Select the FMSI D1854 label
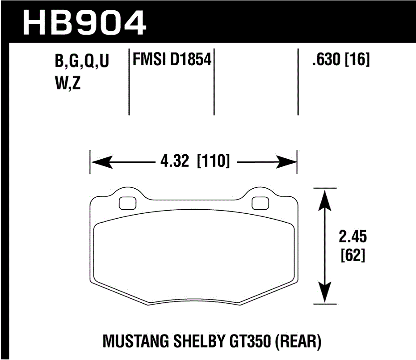171,59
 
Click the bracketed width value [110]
214,161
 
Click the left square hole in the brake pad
128,203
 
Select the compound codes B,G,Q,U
82,62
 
